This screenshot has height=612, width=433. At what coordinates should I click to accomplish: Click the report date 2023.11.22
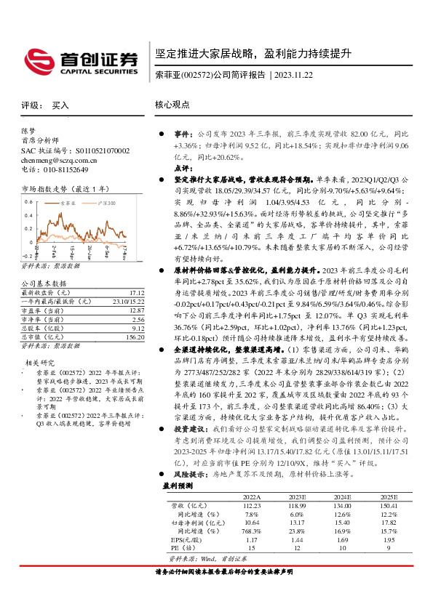[x=293, y=76]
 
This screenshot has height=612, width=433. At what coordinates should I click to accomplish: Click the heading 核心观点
[x=172, y=105]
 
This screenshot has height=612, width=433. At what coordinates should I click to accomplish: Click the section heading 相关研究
[x=41, y=362]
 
